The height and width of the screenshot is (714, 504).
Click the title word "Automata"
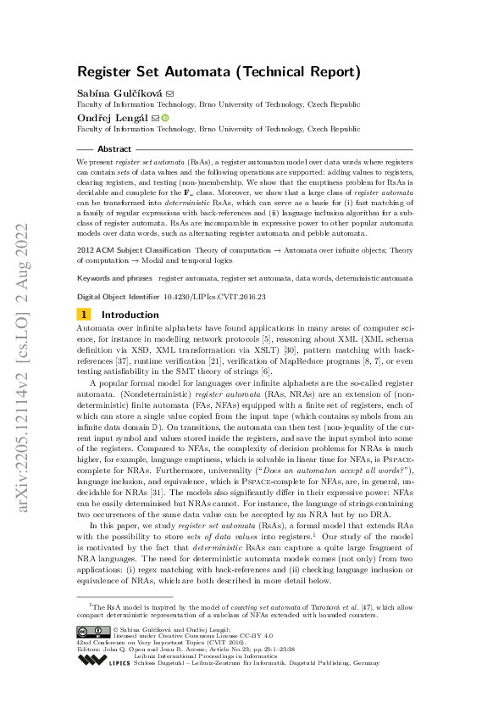tap(213, 72)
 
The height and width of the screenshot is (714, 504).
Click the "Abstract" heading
tap(116, 148)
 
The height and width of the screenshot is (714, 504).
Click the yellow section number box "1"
tap(84, 314)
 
